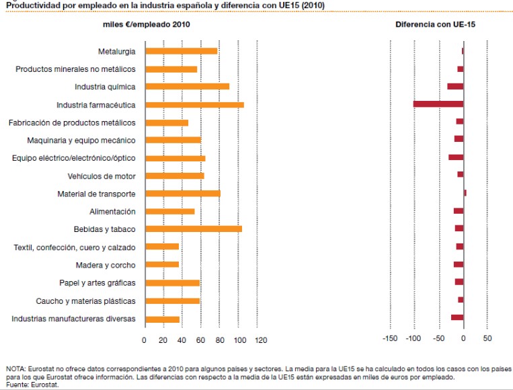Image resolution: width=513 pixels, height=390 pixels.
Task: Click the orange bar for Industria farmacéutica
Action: coord(194,105)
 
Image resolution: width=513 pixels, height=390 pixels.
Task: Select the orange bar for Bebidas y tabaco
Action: coord(193,229)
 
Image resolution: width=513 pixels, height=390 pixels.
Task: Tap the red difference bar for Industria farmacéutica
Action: coord(438,104)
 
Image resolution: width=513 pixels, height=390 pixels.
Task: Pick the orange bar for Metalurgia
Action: coord(181,51)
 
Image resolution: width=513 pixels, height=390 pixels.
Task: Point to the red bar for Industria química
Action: coord(455,87)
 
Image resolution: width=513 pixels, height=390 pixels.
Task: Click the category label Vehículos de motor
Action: coord(102,176)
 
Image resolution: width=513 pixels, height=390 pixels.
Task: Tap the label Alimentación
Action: coord(112,212)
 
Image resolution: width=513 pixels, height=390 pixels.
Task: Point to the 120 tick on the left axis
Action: coord(260,340)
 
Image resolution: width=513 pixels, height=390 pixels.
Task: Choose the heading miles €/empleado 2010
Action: coord(146,24)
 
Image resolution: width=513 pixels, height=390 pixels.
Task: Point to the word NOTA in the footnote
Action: coord(15,369)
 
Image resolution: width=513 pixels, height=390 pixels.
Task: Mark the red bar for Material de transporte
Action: coord(465,193)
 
